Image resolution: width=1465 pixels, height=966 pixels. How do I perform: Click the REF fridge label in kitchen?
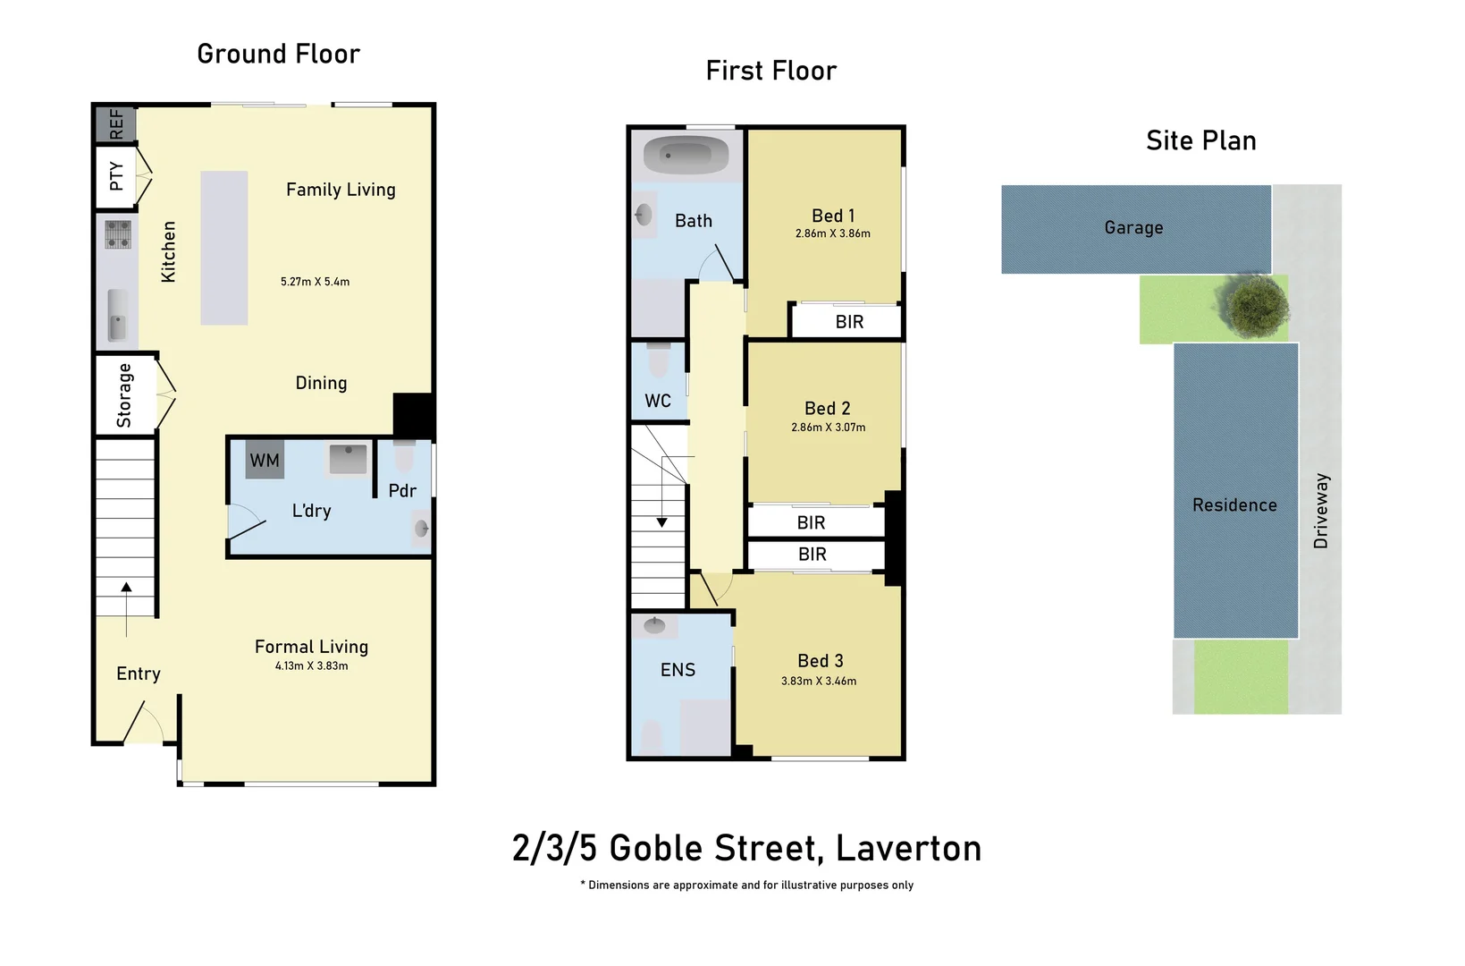pyautogui.click(x=116, y=124)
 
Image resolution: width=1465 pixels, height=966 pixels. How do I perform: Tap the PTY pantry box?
pyautogui.click(x=116, y=176)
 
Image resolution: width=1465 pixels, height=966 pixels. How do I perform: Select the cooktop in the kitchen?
pyautogui.click(x=118, y=234)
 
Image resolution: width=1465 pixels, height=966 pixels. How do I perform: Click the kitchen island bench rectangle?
pyautogui.click(x=223, y=248)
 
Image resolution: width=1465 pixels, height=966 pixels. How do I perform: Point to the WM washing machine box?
pyautogui.click(x=265, y=460)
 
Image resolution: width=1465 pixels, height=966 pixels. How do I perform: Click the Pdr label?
pyautogui.click(x=402, y=490)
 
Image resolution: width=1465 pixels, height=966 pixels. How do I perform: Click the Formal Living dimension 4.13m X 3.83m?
pyautogui.click(x=311, y=665)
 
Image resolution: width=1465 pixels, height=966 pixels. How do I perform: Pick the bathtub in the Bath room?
pyautogui.click(x=686, y=156)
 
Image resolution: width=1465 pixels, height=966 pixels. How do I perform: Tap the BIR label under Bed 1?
pyautogui.click(x=849, y=322)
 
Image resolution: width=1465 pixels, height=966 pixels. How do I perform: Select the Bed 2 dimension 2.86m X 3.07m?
pyautogui.click(x=828, y=428)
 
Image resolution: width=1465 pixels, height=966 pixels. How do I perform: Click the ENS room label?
pyautogui.click(x=678, y=670)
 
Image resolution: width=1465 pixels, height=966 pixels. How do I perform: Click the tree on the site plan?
pyautogui.click(x=1258, y=306)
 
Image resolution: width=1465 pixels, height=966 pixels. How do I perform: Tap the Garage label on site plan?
pyautogui.click(x=1133, y=228)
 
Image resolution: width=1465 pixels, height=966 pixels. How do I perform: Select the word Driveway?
pyautogui.click(x=1321, y=511)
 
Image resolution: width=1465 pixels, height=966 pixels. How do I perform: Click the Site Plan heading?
pyautogui.click(x=1200, y=141)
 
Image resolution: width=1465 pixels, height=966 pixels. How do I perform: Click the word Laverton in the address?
pyautogui.click(x=908, y=848)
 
